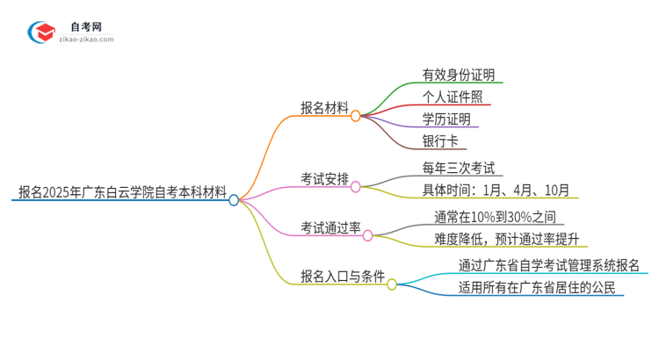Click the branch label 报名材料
coord(323,107)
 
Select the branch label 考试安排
coord(323,178)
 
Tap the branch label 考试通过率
coord(330,227)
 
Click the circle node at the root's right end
coord(234,200)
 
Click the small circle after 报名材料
coord(356,115)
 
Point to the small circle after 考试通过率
coord(368,234)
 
